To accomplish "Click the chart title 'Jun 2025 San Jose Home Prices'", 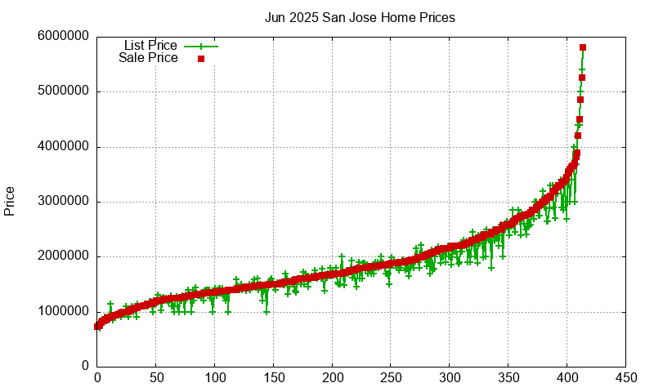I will [360, 17].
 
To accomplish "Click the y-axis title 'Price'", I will [10, 201].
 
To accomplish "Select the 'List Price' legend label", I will [150, 45].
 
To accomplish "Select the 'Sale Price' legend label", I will [148, 58].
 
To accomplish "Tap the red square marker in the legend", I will [200, 59].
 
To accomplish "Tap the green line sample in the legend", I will [201, 46].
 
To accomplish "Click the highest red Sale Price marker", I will [583, 47].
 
